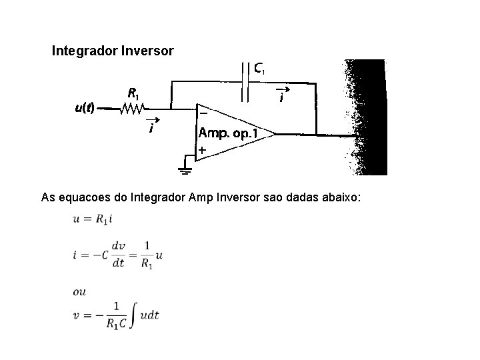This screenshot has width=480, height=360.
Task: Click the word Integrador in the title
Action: pyautogui.click(x=84, y=51)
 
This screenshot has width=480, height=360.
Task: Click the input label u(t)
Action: pyautogui.click(x=85, y=107)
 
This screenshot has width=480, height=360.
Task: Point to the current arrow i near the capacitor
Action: pyautogui.click(x=283, y=95)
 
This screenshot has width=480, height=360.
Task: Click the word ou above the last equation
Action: pyautogui.click(x=80, y=291)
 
